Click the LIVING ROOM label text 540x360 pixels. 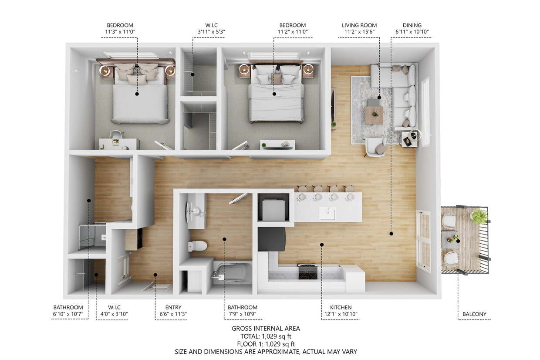point(359,25)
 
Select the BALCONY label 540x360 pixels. point(474,314)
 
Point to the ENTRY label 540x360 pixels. point(173,307)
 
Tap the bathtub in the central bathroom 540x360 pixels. point(233,273)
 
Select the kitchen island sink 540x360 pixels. point(327,213)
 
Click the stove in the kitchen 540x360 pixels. point(307,272)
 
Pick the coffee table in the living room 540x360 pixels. point(374,115)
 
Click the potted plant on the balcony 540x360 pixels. point(479,216)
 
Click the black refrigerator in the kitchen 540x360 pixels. point(271,239)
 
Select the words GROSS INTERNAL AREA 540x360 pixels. point(266,329)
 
